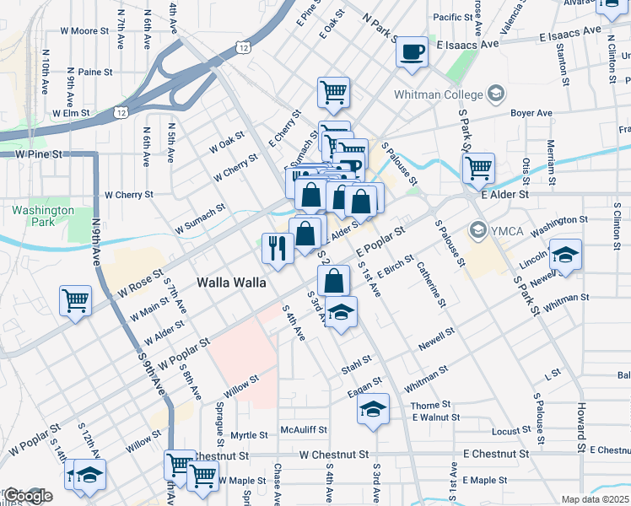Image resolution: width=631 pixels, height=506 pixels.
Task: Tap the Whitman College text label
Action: click(x=438, y=94)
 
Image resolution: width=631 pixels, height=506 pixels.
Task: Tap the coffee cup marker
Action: click(x=413, y=51)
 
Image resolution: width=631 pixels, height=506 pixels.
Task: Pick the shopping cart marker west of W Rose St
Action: click(x=75, y=300)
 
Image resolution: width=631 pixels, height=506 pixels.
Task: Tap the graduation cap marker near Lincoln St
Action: click(x=565, y=255)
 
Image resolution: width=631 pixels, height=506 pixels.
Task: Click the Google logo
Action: click(x=27, y=496)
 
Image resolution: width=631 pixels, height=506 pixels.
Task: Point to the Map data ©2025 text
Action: click(x=595, y=499)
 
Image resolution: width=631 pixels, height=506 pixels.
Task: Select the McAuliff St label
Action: click(x=304, y=429)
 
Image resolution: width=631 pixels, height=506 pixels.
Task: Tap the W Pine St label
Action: click(x=40, y=155)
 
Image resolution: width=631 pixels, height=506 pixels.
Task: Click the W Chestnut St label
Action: click(x=334, y=455)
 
